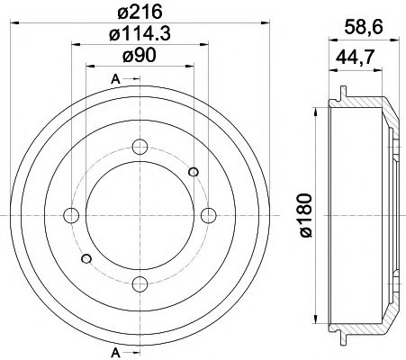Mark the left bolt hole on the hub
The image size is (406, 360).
(x=69, y=215)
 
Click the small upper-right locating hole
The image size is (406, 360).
(x=194, y=171)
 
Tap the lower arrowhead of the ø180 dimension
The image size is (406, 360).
(x=316, y=320)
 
